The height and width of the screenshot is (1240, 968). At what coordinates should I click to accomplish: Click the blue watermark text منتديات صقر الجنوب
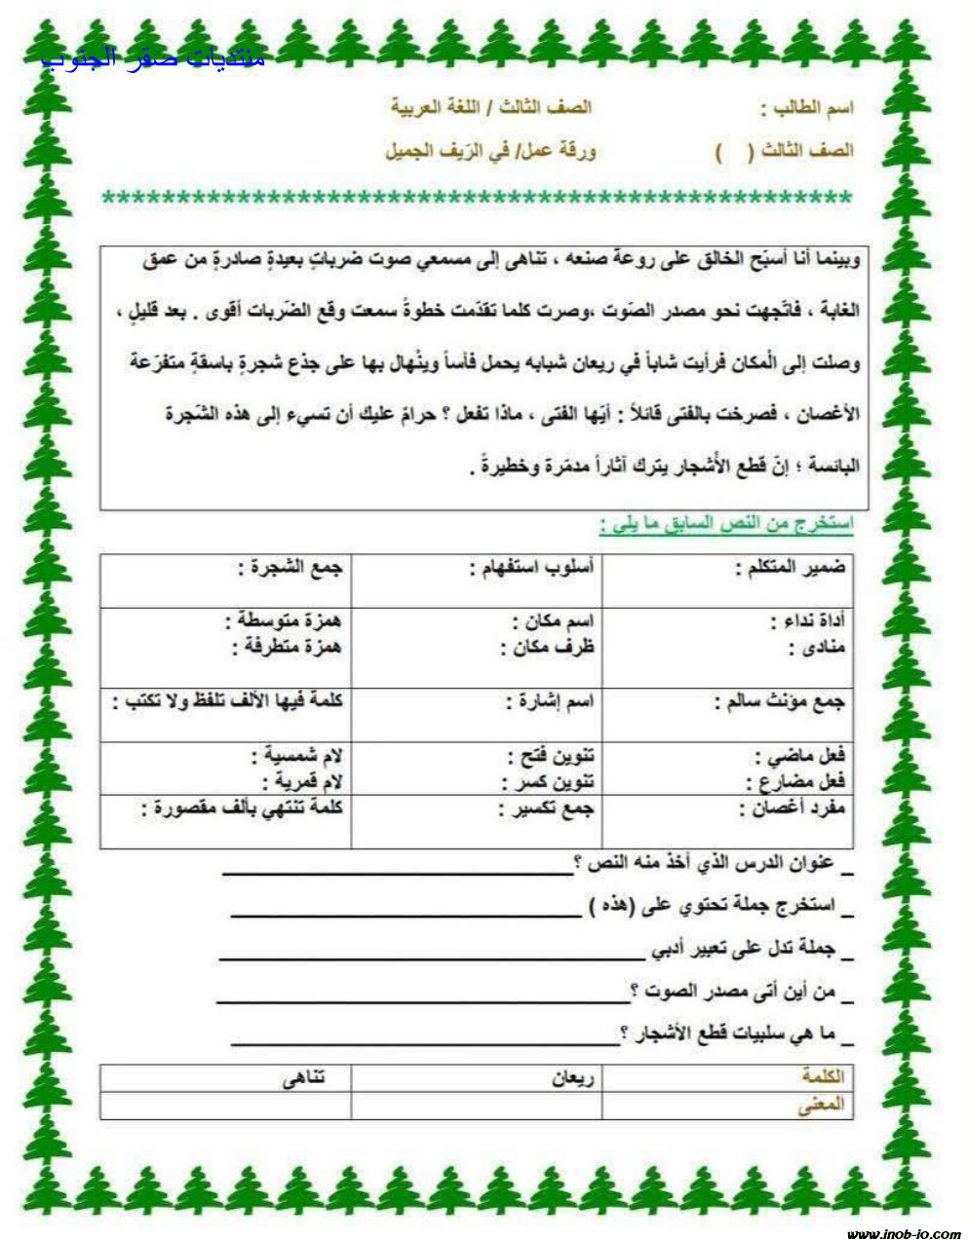tap(153, 56)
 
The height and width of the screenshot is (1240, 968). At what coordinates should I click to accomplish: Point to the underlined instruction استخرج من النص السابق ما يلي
tap(726, 524)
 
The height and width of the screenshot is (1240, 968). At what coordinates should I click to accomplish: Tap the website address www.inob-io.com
tap(903, 1232)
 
